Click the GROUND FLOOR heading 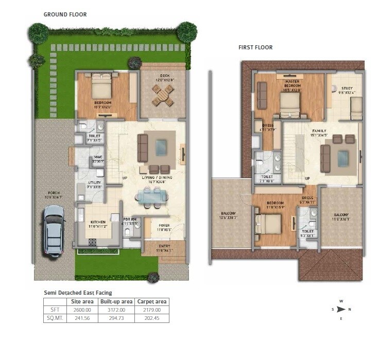point(65,14)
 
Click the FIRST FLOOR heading point(255,47)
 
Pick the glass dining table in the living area point(151,195)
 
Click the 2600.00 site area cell point(81,310)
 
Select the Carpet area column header point(151,301)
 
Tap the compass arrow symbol point(341,310)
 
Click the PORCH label point(53,194)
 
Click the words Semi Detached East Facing point(77,293)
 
